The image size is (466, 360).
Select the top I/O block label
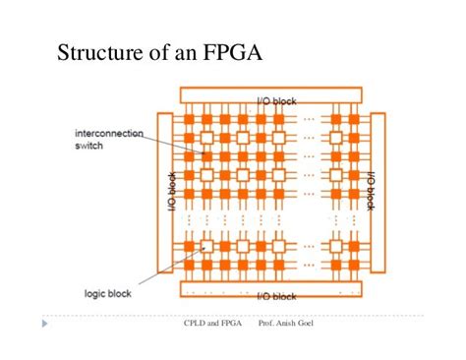[276, 101]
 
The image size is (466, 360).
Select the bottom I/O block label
[276, 296]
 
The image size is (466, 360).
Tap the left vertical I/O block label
[171, 193]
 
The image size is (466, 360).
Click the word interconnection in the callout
[108, 134]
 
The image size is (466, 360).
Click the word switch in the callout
[90, 146]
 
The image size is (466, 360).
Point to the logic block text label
[103, 292]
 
